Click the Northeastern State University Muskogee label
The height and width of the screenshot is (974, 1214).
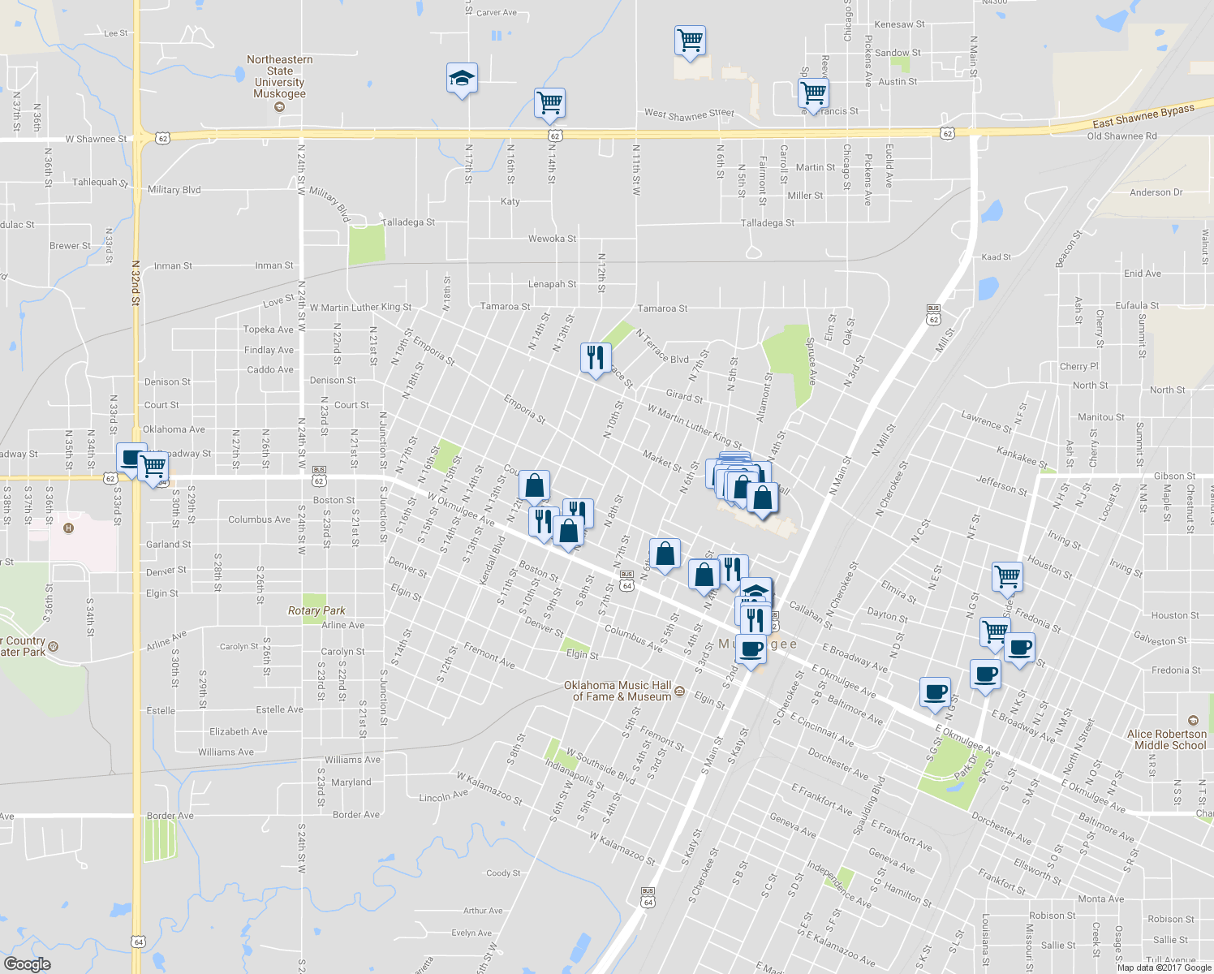tap(279, 76)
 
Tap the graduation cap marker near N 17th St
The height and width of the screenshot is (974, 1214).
tap(462, 79)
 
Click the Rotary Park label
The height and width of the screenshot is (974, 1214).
tap(316, 610)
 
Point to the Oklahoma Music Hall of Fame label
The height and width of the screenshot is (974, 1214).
tap(618, 691)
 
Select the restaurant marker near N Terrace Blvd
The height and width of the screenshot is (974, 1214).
tap(596, 357)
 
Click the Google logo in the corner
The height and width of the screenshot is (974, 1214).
tap(27, 964)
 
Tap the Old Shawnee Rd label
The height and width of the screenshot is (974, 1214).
tap(1121, 136)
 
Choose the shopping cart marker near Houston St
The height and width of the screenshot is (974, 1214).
tap(1007, 576)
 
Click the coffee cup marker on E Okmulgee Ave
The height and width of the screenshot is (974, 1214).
tap(935, 692)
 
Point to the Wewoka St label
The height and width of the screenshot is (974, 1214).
tap(552, 239)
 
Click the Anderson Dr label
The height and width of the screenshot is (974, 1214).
tap(1156, 192)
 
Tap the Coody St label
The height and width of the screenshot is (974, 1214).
tap(503, 873)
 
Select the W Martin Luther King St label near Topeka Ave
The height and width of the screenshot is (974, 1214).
tap(360, 308)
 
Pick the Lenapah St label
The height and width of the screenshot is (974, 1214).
tap(552, 284)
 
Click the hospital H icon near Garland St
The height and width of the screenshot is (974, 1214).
tap(68, 528)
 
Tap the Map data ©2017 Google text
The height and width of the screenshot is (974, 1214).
tap(1164, 968)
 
